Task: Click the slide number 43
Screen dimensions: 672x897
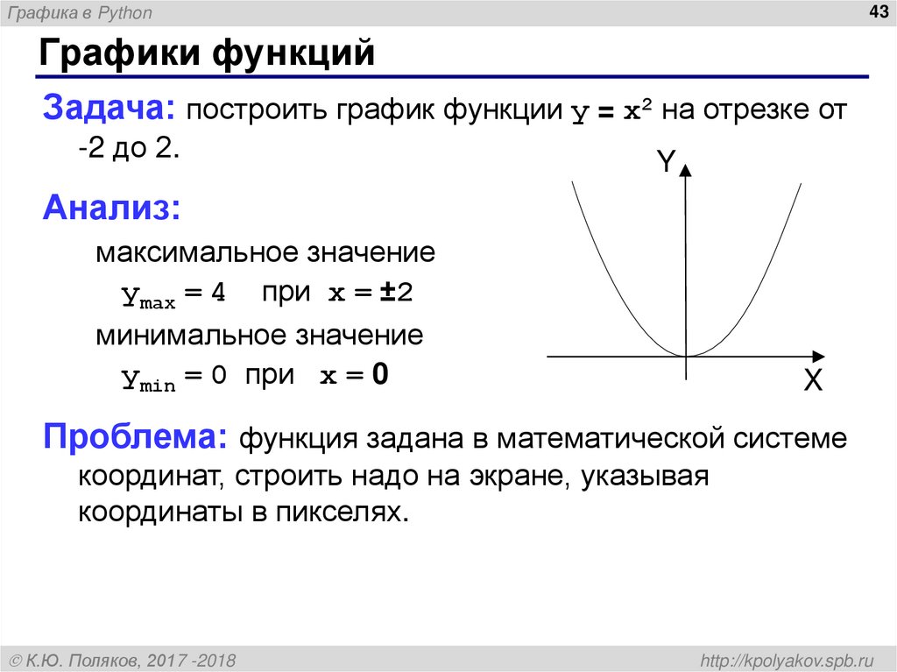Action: click(x=877, y=11)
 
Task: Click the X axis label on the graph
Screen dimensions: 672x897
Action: click(x=813, y=381)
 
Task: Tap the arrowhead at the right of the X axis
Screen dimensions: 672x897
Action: click(x=817, y=356)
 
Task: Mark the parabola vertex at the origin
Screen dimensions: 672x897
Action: click(x=686, y=356)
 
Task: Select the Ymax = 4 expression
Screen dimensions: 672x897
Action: click(x=173, y=295)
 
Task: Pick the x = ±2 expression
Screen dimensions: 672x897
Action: click(x=370, y=294)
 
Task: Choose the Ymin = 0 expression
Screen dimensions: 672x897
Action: click(x=173, y=377)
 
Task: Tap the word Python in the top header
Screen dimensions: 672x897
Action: click(x=128, y=13)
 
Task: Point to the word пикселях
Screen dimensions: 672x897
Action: click(x=342, y=512)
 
